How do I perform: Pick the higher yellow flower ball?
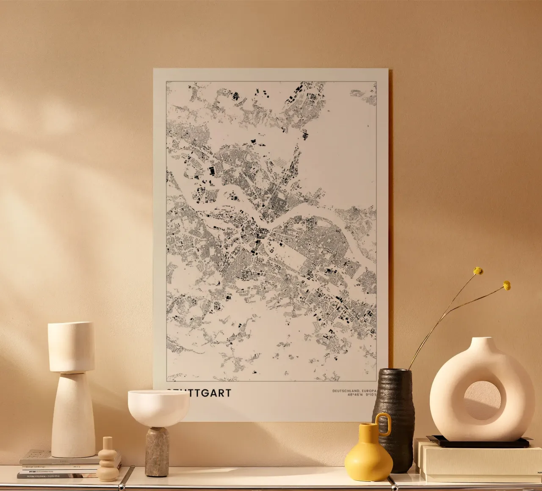[x=478, y=270]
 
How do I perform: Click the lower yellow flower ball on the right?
[x=506, y=286]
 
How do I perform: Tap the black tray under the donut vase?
[x=478, y=443]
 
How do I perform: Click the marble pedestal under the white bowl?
[x=157, y=451]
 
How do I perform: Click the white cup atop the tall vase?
[x=71, y=346]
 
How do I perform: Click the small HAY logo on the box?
[x=539, y=472]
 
